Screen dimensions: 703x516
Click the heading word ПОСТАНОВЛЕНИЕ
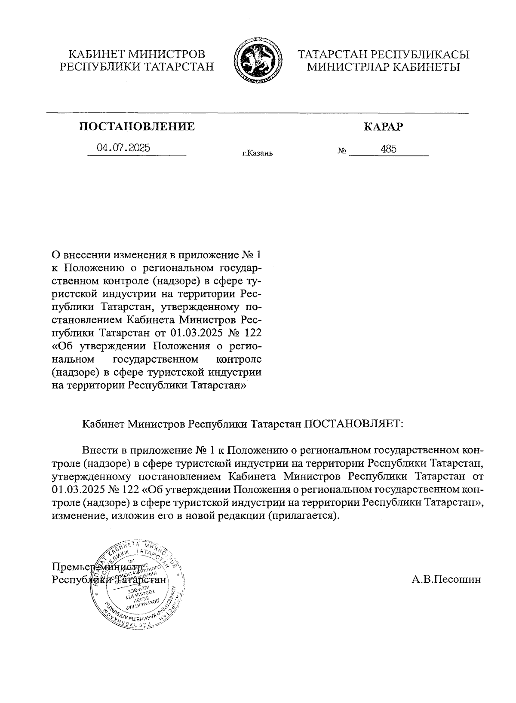click(x=137, y=126)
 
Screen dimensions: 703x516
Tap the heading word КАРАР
click(x=384, y=126)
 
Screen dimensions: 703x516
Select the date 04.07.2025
click(x=123, y=148)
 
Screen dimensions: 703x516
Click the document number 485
click(x=388, y=149)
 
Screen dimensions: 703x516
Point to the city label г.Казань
click(x=257, y=153)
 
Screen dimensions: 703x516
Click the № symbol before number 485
click(x=342, y=151)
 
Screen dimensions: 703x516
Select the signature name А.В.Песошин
click(x=446, y=580)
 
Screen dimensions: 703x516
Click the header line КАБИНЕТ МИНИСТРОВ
click(x=137, y=55)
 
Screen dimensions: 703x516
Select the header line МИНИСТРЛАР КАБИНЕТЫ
click(x=384, y=67)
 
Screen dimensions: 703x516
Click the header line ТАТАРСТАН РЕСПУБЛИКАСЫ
click(x=384, y=55)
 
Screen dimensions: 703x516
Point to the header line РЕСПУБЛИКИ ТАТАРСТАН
click(x=137, y=67)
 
